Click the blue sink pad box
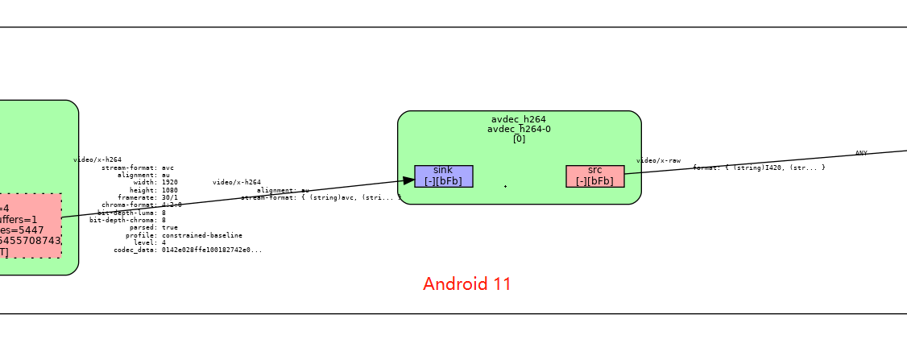(443, 176)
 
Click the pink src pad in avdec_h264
(594, 176)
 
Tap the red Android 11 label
(466, 284)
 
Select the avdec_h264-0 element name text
(519, 129)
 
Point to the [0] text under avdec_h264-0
(519, 139)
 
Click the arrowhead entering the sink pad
(408, 181)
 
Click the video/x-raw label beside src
(658, 161)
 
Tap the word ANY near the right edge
(861, 153)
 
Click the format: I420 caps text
(758, 168)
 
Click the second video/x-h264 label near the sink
(237, 183)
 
